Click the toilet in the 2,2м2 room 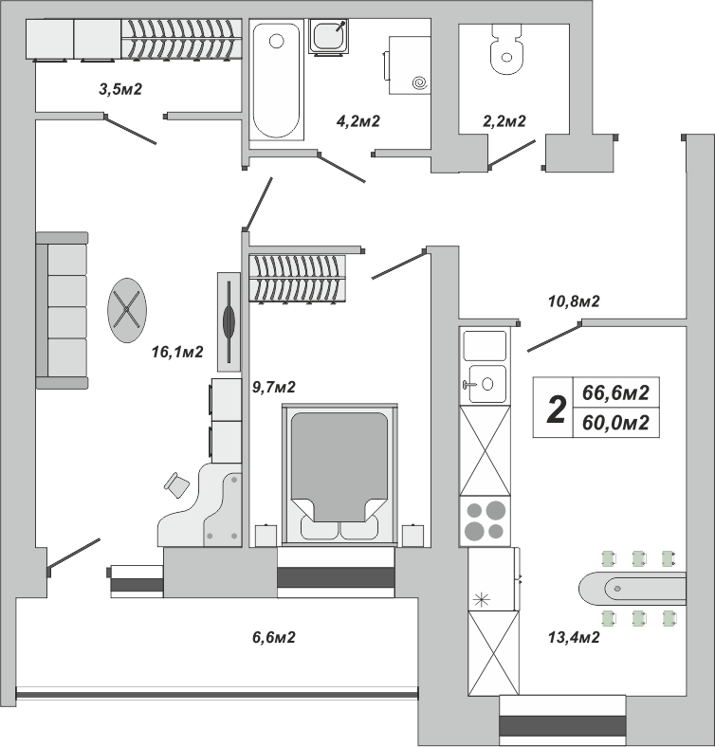507,49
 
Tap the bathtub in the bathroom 277,80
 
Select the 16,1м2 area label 177,352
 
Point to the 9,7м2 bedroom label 274,388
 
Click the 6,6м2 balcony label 274,637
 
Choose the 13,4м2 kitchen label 574,637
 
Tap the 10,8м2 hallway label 574,301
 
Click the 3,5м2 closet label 120,89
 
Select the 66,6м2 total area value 615,393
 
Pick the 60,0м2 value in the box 615,423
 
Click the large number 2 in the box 557,410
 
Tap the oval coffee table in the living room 127,310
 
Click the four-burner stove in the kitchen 485,521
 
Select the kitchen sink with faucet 485,384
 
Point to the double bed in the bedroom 339,475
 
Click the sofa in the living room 62,311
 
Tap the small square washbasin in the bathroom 328,37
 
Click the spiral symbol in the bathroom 420,83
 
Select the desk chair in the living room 176,485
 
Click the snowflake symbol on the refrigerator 482,600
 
